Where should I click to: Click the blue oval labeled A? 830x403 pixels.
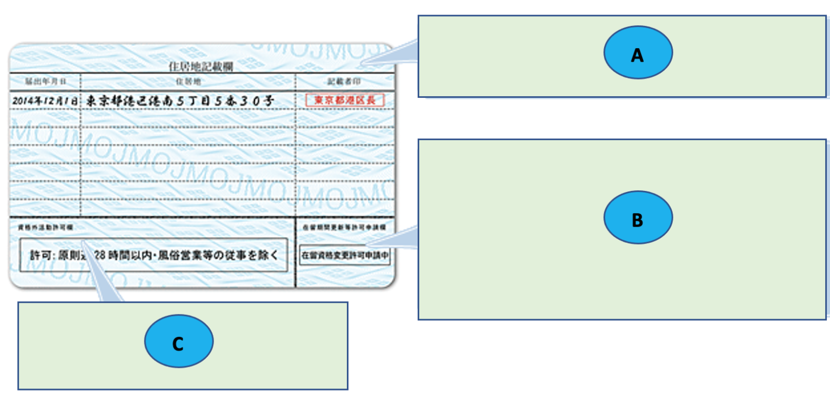point(638,53)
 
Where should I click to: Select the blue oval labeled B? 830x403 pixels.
point(638,217)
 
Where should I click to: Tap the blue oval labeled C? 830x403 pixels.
point(178,341)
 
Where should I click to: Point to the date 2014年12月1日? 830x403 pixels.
point(45,101)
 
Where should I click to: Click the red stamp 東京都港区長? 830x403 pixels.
point(345,100)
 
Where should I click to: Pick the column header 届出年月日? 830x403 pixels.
point(45,82)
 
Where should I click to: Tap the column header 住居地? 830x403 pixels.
point(188,82)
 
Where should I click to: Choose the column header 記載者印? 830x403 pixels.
point(344,82)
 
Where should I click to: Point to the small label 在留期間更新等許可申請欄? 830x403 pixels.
point(344,228)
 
